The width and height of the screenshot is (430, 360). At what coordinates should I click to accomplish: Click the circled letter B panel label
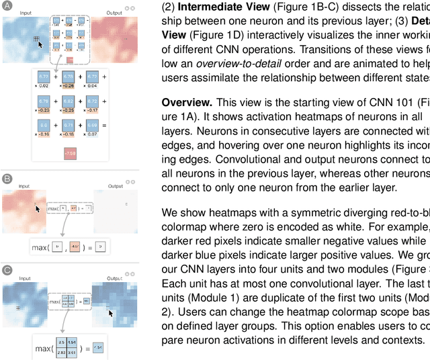[x=7, y=179]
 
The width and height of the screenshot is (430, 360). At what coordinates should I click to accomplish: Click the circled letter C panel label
[x=7, y=269]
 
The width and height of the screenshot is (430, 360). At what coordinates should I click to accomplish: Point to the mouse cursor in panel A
[x=40, y=44]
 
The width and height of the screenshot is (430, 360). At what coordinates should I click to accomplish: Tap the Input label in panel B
[x=25, y=185]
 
